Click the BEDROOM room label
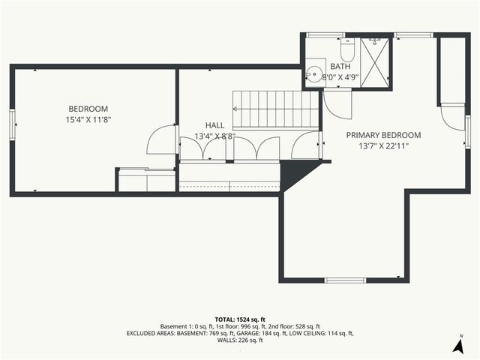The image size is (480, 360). point(88,109)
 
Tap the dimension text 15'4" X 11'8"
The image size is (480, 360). point(88,119)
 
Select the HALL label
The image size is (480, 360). point(214,125)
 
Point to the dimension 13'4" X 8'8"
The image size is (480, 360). point(214,136)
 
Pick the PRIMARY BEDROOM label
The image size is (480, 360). point(383,135)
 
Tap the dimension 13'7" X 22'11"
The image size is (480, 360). point(383,146)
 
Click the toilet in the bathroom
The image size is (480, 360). point(347,50)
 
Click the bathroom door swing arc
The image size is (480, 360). point(336,103)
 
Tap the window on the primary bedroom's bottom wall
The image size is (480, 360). point(346,280)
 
